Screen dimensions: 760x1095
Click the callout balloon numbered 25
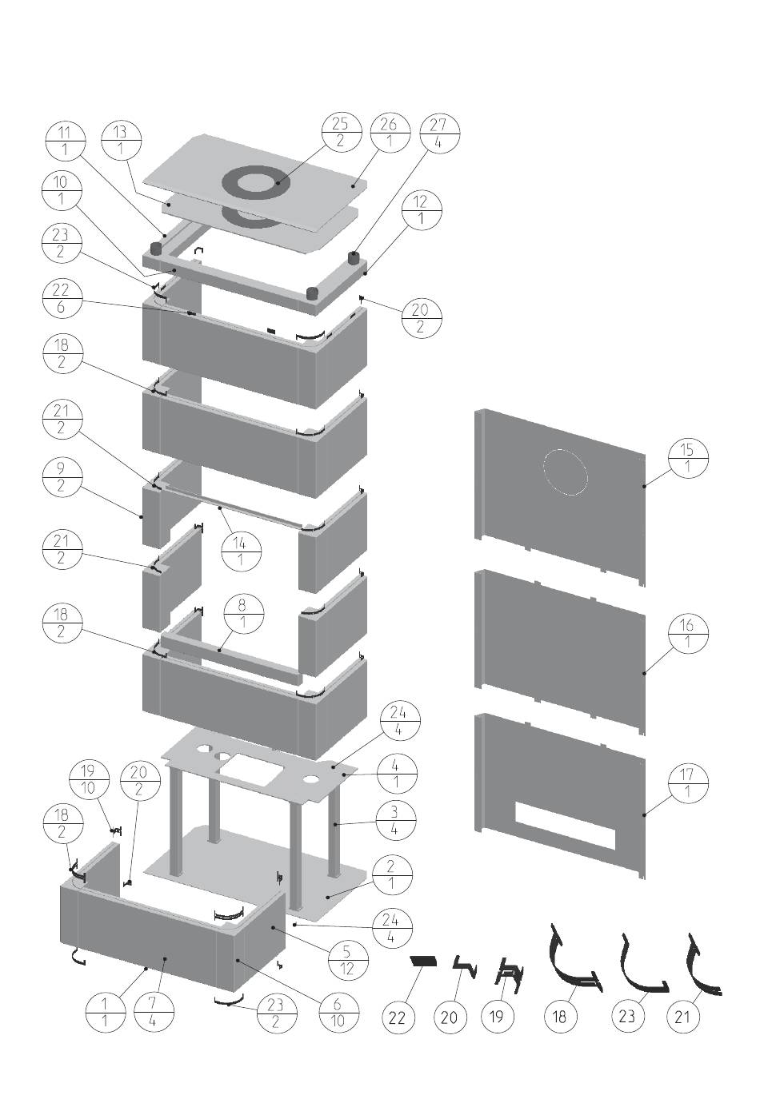coord(340,132)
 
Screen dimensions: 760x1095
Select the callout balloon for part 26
coord(389,132)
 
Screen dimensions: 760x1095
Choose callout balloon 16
coord(687,632)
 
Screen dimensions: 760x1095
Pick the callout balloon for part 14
coord(240,551)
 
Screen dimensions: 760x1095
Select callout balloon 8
coord(242,614)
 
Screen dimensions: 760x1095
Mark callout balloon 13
coord(121,139)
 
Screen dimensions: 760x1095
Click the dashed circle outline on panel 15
coord(565,472)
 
